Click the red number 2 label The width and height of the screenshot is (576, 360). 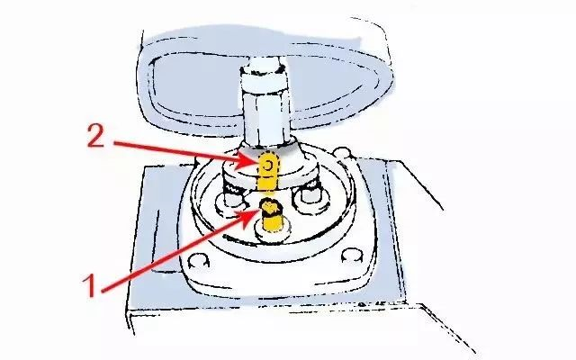[96, 136]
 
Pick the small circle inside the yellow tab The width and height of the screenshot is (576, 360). [268, 166]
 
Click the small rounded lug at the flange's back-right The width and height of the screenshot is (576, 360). [343, 152]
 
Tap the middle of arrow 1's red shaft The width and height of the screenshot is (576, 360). [173, 254]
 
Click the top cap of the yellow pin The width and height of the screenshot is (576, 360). [271, 206]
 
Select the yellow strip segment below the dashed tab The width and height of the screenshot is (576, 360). [268, 183]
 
